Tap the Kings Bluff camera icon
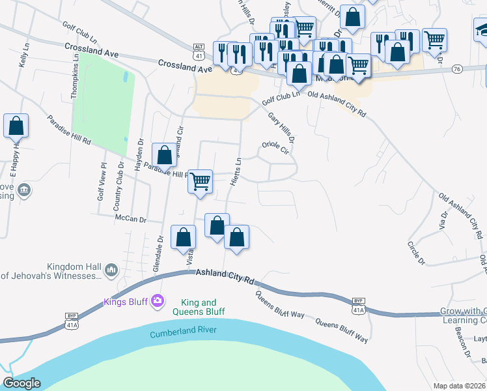click(x=157, y=300)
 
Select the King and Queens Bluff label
click(x=202, y=307)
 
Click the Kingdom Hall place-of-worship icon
click(x=111, y=269)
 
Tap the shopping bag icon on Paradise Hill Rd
click(x=165, y=155)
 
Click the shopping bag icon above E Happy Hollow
click(x=16, y=126)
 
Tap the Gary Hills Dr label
click(x=282, y=126)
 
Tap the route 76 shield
click(x=456, y=69)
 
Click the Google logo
click(x=22, y=383)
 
